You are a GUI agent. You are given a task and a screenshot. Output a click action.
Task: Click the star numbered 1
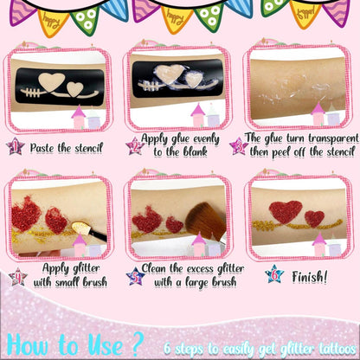pyautogui.click(x=15, y=146)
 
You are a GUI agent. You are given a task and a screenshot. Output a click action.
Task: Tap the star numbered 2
pyautogui.click(x=135, y=145)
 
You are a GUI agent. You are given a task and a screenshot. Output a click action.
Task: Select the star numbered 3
pyautogui.click(x=239, y=145)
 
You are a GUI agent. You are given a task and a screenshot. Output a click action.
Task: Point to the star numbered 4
pyautogui.click(x=18, y=277)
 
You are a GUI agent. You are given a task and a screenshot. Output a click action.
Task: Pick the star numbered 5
pyautogui.click(x=136, y=276)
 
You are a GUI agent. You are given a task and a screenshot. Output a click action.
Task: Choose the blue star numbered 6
pyautogui.click(x=274, y=274)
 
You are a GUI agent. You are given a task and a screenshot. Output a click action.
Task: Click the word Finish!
pyautogui.click(x=310, y=277)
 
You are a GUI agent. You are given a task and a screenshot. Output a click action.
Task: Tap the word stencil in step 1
pyautogui.click(x=88, y=148)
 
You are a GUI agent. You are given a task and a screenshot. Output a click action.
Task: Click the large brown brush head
pyautogui.click(x=205, y=221)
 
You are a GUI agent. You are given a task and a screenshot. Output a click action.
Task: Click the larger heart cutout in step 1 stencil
pyautogui.click(x=52, y=81)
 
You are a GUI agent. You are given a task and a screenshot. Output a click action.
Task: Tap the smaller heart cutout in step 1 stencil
pyautogui.click(x=75, y=88)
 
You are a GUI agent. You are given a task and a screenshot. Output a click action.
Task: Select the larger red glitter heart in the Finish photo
pyautogui.click(x=286, y=212)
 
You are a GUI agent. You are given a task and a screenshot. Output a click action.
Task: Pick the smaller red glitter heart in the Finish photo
pyautogui.click(x=315, y=219)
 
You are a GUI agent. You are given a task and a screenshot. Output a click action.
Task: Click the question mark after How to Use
pyautogui.click(x=138, y=344)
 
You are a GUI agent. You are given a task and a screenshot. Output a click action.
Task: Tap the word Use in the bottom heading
pyautogui.click(x=106, y=344)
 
